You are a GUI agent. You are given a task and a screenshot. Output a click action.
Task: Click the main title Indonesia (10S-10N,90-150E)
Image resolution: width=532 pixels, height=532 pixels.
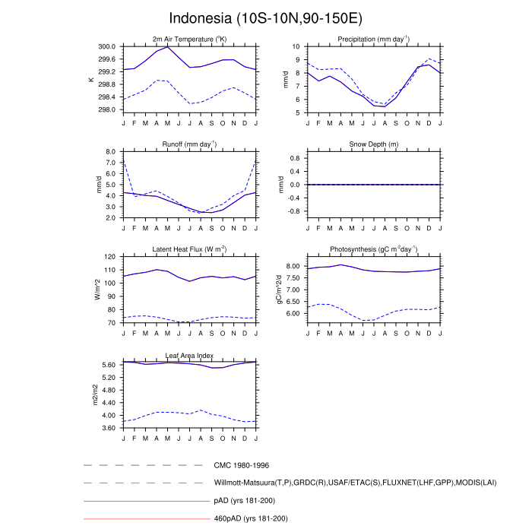tap(266, 17)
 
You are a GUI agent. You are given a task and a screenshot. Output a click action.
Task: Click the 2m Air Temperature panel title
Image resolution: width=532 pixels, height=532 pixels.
tap(188, 40)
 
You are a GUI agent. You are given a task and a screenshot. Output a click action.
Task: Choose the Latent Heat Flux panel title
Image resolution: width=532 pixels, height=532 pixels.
tap(188, 249)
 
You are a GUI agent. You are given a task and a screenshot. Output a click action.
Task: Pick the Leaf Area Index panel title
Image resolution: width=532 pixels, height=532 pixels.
tap(188, 355)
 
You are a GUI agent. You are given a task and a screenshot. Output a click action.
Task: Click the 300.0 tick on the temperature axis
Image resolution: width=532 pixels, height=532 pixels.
tap(106, 46)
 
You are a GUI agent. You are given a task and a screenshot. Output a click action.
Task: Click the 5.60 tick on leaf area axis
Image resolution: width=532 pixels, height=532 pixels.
tap(106, 365)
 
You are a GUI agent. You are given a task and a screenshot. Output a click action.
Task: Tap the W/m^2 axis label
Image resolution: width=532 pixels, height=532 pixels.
tap(97, 290)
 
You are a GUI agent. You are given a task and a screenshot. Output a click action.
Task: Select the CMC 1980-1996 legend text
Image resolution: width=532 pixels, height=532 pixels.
tap(242, 465)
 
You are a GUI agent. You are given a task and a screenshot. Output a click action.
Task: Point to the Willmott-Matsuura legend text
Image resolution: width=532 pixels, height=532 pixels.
tap(355, 483)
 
